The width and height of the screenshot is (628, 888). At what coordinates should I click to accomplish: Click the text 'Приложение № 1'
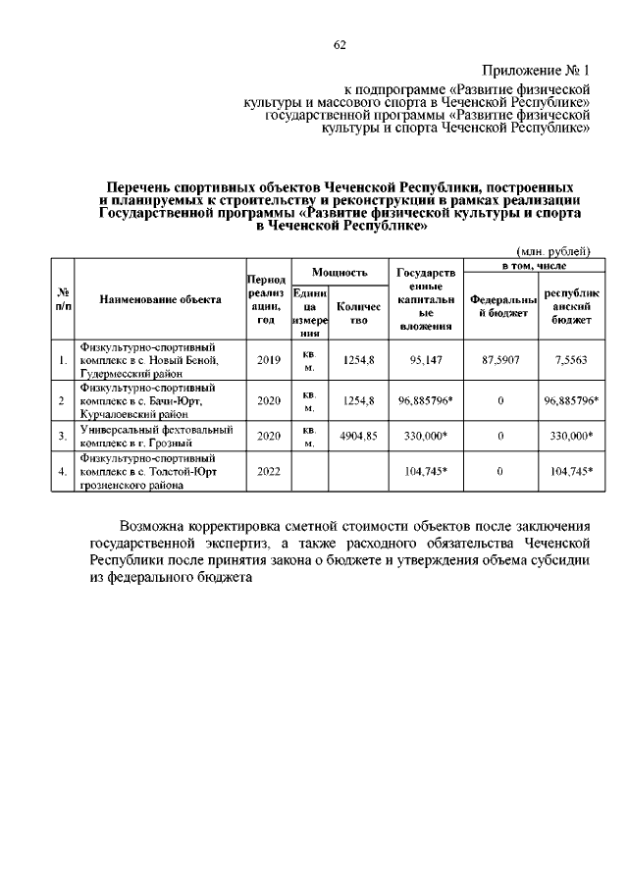point(538,72)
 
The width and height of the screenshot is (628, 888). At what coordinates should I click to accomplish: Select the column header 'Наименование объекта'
point(161,300)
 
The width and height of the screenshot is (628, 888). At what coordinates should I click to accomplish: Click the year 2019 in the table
point(268,360)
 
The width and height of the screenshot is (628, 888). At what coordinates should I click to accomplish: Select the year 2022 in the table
point(268,471)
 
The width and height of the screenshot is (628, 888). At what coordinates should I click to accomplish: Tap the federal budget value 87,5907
point(500,360)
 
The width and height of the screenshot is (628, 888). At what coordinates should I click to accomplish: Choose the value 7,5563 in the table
point(570,360)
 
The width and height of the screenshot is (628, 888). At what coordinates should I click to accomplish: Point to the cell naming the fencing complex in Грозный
point(157,436)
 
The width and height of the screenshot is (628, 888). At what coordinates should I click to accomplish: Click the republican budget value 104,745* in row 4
point(570,471)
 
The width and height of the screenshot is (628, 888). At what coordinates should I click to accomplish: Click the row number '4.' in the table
point(63,471)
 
